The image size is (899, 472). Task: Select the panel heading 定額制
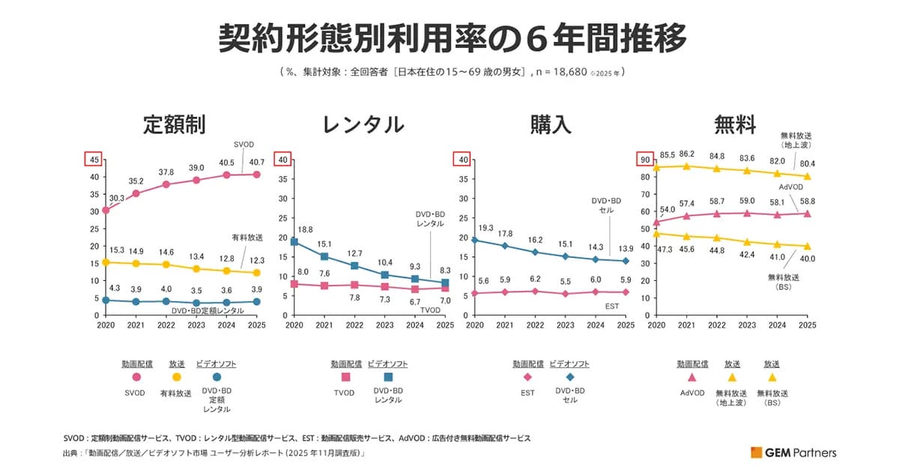tap(174, 124)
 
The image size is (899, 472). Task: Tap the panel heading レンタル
tap(363, 124)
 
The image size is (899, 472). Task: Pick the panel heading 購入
tap(549, 124)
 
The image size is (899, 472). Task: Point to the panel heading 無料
tap(735, 124)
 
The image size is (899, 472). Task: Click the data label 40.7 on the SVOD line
tap(257, 161)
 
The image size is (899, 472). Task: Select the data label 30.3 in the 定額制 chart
tap(117, 198)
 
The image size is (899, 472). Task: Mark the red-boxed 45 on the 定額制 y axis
tap(94, 159)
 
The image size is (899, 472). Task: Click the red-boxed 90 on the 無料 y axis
tap(642, 159)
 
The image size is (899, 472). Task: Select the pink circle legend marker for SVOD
tap(137, 378)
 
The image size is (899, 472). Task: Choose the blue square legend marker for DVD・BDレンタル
tap(387, 378)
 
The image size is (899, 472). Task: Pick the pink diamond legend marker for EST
tap(527, 378)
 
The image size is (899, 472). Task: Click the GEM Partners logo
tap(793, 453)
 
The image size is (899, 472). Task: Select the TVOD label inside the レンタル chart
tap(430, 309)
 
